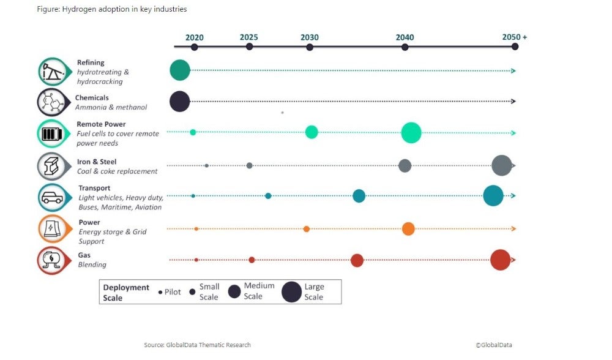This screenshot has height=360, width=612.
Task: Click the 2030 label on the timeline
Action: pos(309,37)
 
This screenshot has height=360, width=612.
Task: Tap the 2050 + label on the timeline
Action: pos(514,37)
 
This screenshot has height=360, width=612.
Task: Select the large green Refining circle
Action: pos(179,70)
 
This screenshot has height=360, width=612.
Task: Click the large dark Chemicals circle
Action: pos(179,101)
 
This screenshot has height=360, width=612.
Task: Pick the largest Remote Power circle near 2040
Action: pos(411,132)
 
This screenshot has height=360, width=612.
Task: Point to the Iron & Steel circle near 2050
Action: pos(501,165)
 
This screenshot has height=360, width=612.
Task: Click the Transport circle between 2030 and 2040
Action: pos(359,196)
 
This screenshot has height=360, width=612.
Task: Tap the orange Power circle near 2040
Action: pos(408,229)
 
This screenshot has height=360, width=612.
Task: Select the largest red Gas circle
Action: pos(500,260)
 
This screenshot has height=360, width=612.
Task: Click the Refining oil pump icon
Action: pos(51,72)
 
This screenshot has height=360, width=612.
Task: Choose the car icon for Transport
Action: pos(51,197)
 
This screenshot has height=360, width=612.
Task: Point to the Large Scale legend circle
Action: pos(291,292)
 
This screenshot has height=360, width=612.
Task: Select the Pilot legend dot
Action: pos(160,293)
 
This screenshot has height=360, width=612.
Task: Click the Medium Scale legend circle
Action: pos(234,292)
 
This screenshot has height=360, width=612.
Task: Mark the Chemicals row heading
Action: pos(92,97)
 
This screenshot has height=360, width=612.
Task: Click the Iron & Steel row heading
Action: pos(97,162)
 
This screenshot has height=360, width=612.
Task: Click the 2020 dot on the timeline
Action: pos(194,47)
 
